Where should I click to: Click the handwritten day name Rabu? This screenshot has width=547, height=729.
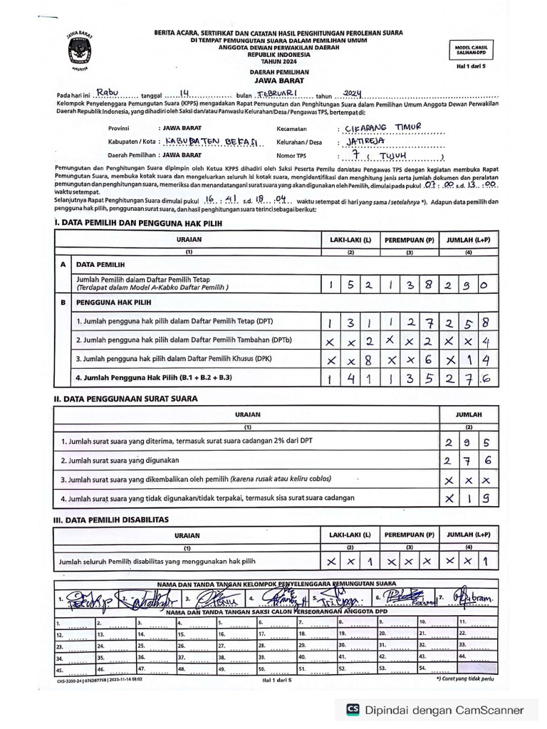point(110,93)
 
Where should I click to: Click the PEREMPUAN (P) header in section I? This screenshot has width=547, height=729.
point(410,241)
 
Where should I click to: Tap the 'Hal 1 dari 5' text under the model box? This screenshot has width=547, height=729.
point(475,65)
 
